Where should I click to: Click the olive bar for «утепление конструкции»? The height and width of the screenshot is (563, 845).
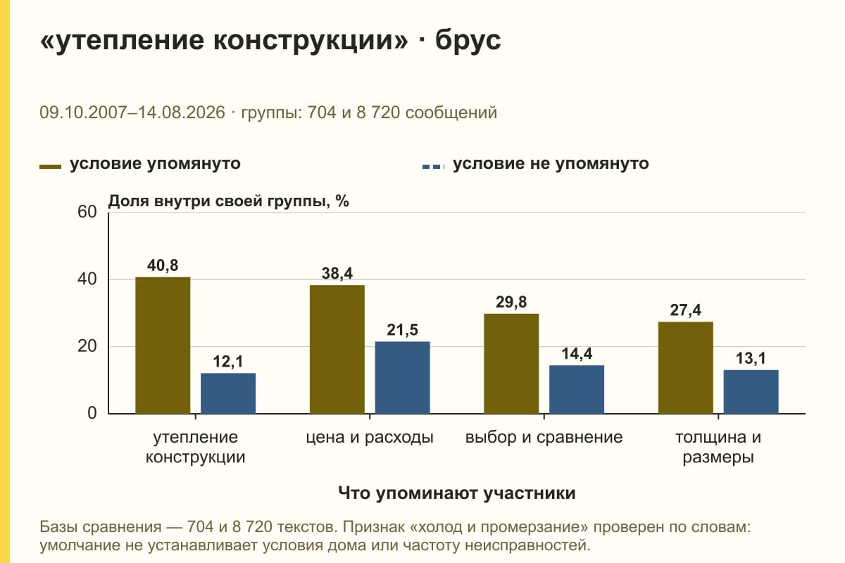click(x=163, y=346)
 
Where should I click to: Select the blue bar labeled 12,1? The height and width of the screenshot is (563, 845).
click(x=228, y=393)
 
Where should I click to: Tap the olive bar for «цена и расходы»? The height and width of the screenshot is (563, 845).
click(x=337, y=349)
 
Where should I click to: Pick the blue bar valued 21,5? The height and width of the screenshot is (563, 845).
click(x=402, y=377)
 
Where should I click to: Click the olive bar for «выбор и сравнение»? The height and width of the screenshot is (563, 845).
click(x=511, y=364)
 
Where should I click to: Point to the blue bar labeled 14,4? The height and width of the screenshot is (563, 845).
click(x=577, y=390)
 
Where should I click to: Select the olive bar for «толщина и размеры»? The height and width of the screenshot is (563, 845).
click(x=685, y=367)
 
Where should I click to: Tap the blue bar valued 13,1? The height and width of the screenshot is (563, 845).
click(x=751, y=392)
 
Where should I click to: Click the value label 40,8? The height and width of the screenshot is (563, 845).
click(x=163, y=265)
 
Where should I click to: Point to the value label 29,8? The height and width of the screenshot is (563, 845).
click(x=511, y=302)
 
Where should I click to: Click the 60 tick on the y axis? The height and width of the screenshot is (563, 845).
click(x=87, y=212)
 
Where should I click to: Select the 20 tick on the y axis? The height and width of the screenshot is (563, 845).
click(x=87, y=346)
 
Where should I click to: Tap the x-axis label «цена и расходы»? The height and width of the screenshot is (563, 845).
click(x=369, y=438)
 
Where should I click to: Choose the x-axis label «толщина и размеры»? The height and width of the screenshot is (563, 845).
click(x=718, y=447)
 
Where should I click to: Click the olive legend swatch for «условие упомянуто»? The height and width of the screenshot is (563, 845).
click(x=50, y=167)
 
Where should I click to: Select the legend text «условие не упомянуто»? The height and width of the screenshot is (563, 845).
click(x=551, y=164)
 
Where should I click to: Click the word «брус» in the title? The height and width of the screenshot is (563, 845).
click(x=468, y=40)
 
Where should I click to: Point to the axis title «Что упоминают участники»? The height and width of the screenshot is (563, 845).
click(x=457, y=493)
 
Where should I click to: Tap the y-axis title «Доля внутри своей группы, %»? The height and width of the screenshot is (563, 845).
click(x=228, y=201)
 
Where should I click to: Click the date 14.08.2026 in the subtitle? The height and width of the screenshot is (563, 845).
click(x=181, y=113)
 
